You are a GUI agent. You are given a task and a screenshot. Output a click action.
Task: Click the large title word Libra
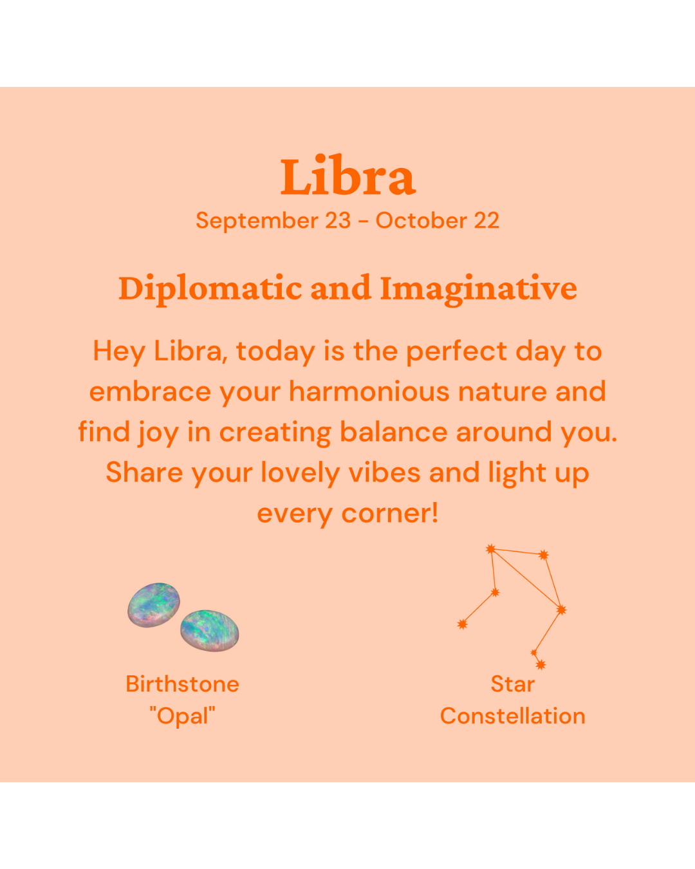pos(347,175)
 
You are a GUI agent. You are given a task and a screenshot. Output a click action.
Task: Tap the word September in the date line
pos(257,221)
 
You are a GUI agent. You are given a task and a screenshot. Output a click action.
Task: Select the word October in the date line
pos(422,221)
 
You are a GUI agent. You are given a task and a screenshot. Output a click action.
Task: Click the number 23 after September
pos(338,221)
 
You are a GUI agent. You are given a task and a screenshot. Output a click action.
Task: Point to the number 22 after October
pos(486,221)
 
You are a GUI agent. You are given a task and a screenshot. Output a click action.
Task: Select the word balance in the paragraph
pos(393,432)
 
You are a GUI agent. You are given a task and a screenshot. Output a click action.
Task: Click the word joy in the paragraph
pos(158,434)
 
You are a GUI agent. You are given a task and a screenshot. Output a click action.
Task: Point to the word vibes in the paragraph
pos(384,472)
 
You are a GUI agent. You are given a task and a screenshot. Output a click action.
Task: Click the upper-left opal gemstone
pos(153,605)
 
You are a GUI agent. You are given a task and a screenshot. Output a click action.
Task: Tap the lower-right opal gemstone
pos(209,630)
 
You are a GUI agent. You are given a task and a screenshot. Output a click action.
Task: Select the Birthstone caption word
pos(183,684)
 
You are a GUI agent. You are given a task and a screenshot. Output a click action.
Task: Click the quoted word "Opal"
pos(183,716)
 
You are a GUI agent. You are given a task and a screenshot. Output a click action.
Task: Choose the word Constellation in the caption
pos(512,716)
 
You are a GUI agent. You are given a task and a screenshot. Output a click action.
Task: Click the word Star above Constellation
pos(512,684)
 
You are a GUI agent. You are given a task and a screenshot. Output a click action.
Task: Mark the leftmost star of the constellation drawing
pos(463,624)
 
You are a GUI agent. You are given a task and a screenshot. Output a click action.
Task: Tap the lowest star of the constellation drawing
pos(541,665)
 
